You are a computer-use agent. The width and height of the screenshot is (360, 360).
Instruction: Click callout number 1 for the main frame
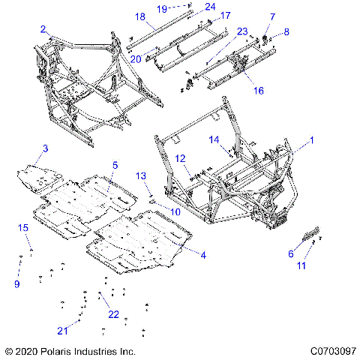[313, 139]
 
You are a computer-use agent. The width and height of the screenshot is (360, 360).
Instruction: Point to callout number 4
[202, 256]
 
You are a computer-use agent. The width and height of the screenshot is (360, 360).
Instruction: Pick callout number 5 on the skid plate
[115, 164]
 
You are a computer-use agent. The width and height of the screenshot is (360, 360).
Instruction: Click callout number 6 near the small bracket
[290, 253]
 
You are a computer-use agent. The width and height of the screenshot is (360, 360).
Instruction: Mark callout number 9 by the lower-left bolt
[17, 284]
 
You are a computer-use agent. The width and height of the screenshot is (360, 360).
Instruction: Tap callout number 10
[177, 212]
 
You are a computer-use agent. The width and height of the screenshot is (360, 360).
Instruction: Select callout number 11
[302, 266]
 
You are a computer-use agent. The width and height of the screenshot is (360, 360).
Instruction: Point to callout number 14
[213, 139]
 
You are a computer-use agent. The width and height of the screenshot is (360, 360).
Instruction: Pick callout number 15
[22, 227]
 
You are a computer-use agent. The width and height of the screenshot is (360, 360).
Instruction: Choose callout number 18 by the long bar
[139, 16]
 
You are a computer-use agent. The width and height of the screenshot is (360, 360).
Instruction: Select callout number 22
[113, 314]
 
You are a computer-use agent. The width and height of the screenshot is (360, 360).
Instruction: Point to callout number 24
[210, 7]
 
